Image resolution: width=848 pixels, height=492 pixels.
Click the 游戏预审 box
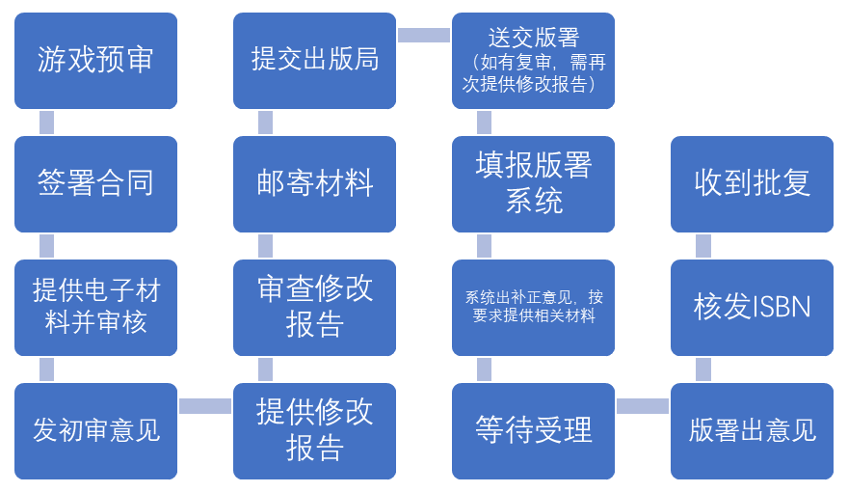95,60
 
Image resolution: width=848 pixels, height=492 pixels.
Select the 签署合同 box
95,183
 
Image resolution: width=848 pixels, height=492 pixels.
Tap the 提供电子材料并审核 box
95,307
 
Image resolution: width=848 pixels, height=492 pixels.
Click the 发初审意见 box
95,430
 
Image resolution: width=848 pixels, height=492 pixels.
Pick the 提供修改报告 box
314,430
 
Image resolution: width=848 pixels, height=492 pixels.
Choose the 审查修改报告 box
314,307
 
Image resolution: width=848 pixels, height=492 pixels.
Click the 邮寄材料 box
314,183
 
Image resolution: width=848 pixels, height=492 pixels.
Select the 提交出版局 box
314,60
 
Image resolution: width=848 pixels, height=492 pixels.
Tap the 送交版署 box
533,60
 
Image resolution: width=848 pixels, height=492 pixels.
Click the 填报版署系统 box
533,183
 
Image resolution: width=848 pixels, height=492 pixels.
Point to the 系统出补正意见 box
533,307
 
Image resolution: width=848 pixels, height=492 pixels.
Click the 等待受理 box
533,430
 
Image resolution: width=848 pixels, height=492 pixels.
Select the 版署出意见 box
752,430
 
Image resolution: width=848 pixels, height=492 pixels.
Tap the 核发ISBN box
752,307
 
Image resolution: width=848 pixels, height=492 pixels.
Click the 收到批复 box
752,183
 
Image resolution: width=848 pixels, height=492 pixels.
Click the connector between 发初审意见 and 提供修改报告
205,406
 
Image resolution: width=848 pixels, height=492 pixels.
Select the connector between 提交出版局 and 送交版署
424,36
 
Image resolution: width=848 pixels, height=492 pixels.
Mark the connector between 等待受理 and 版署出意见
643,406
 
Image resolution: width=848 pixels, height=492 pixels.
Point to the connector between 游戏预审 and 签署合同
46,123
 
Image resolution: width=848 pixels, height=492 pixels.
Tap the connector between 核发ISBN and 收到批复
703,246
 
